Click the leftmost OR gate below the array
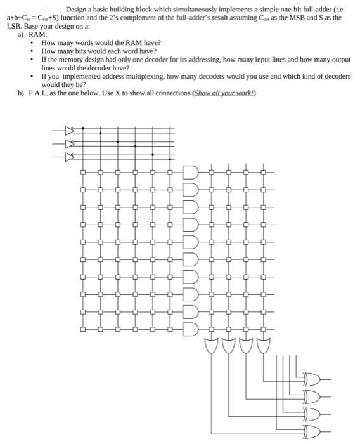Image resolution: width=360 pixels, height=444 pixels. click(210, 346)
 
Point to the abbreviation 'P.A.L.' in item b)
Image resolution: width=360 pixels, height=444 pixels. click(40, 93)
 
